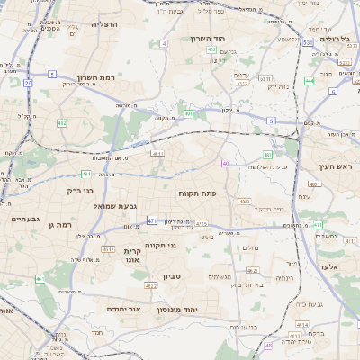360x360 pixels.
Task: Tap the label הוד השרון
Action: tap(212, 39)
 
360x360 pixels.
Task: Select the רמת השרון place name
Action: tap(97, 78)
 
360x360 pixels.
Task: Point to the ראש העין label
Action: tap(337, 167)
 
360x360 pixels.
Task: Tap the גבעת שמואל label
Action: tap(115, 206)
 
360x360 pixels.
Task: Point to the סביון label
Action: tap(172, 276)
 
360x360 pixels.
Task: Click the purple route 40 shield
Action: tap(225, 163)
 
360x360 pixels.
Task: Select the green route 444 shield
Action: tap(309, 81)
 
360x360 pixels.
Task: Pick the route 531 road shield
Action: tap(307, 42)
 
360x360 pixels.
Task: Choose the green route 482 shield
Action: tap(61, 122)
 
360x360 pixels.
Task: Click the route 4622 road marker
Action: tap(151, 285)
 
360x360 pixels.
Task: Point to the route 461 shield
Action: tap(85, 174)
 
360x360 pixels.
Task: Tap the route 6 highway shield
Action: tap(333, 91)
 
